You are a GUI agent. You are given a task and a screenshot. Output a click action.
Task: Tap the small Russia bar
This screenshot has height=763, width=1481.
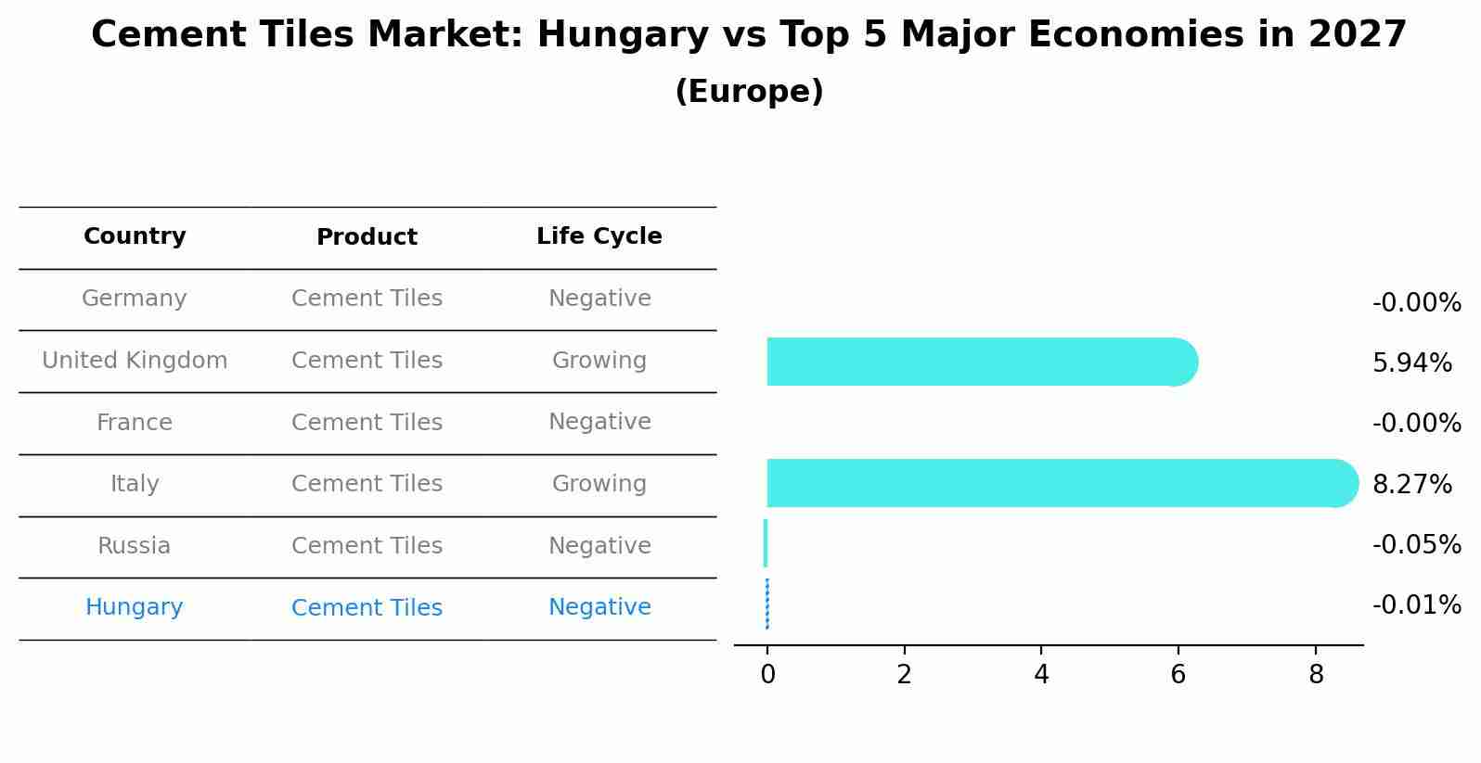[x=766, y=543]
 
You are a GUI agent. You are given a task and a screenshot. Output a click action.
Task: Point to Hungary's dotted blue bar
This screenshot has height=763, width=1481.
[x=767, y=604]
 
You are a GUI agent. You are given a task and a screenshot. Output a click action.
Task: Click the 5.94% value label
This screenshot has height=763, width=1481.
[x=1411, y=363]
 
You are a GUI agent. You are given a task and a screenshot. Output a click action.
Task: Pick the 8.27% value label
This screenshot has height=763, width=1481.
[x=1411, y=484]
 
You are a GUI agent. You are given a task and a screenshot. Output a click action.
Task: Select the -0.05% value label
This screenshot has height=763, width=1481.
[x=1416, y=544]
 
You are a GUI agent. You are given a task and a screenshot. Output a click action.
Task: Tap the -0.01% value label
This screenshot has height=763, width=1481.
[x=1416, y=605]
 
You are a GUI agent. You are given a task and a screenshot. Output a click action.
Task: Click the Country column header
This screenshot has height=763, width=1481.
[x=135, y=236]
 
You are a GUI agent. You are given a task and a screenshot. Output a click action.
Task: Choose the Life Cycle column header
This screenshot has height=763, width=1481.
[x=599, y=236]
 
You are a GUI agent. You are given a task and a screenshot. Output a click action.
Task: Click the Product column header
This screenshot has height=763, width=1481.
[x=367, y=237]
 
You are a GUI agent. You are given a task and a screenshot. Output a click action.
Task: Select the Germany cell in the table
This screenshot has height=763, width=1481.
[x=135, y=299]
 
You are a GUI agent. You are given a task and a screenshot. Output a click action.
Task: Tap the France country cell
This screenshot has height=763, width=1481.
[x=135, y=423]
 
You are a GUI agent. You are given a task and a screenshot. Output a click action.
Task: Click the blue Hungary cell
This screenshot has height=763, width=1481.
[x=135, y=607]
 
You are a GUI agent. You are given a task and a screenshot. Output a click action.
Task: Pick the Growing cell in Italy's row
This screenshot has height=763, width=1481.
[x=599, y=484]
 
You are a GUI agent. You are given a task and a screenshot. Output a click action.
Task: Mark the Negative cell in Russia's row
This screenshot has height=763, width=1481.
[x=599, y=546]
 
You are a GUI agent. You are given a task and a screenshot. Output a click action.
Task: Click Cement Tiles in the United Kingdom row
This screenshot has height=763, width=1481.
[x=367, y=361]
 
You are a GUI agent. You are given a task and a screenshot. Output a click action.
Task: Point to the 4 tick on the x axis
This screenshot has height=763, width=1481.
[x=1041, y=674]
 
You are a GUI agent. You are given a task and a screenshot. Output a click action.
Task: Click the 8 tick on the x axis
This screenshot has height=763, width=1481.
[x=1315, y=674]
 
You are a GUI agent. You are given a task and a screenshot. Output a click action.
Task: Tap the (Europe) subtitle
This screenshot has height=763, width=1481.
[x=749, y=92]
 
